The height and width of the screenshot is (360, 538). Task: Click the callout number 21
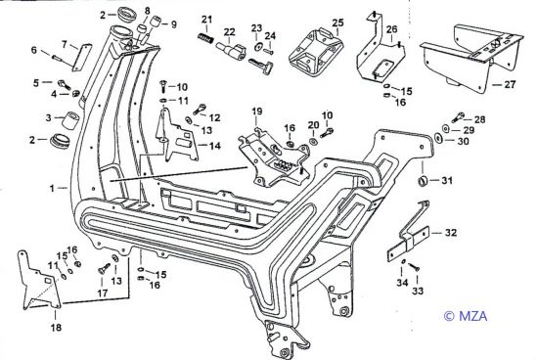(207, 19)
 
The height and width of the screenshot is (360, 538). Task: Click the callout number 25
(337, 22)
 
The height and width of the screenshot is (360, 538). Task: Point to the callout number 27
(510, 84)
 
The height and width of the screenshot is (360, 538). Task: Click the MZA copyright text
(466, 315)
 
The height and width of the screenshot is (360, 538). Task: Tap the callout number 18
(56, 327)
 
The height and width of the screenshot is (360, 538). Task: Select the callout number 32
(451, 233)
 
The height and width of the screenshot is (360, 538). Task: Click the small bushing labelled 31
(423, 180)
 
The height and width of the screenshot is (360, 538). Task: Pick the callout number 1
(52, 188)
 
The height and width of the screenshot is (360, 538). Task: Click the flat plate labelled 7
(82, 58)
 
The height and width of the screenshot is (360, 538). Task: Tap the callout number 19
(257, 112)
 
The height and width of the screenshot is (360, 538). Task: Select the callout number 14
(215, 146)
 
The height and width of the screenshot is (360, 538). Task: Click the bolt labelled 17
(104, 268)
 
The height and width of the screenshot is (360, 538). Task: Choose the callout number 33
(418, 291)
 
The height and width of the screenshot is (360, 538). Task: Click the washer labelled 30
(438, 138)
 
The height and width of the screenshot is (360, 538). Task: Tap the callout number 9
(173, 24)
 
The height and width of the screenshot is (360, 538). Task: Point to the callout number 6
(33, 50)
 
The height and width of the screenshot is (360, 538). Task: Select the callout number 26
(391, 29)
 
